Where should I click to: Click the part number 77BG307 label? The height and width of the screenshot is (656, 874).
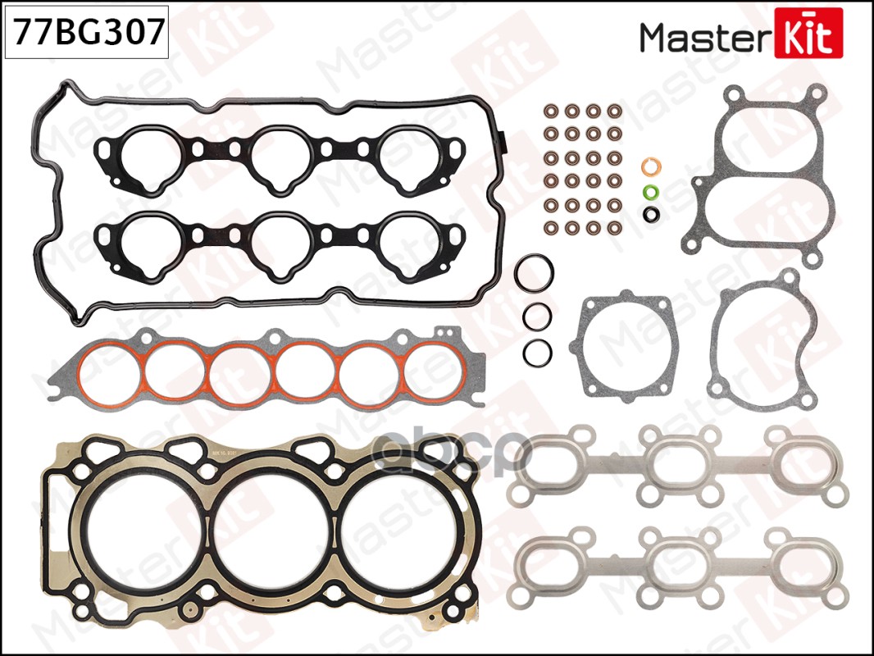coord(86,33)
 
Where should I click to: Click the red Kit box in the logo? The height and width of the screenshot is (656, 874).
coord(807,33)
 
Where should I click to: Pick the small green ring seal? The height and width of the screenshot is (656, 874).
coord(650,194)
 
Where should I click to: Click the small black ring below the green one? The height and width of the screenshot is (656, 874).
coord(651,215)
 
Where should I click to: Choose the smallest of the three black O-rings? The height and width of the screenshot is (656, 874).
coord(537,351)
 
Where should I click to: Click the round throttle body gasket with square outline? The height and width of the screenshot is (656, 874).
coord(628,344)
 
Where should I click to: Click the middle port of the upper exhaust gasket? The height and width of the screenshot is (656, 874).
coord(672,464)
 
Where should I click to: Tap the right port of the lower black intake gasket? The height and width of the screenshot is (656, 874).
coord(407,241)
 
